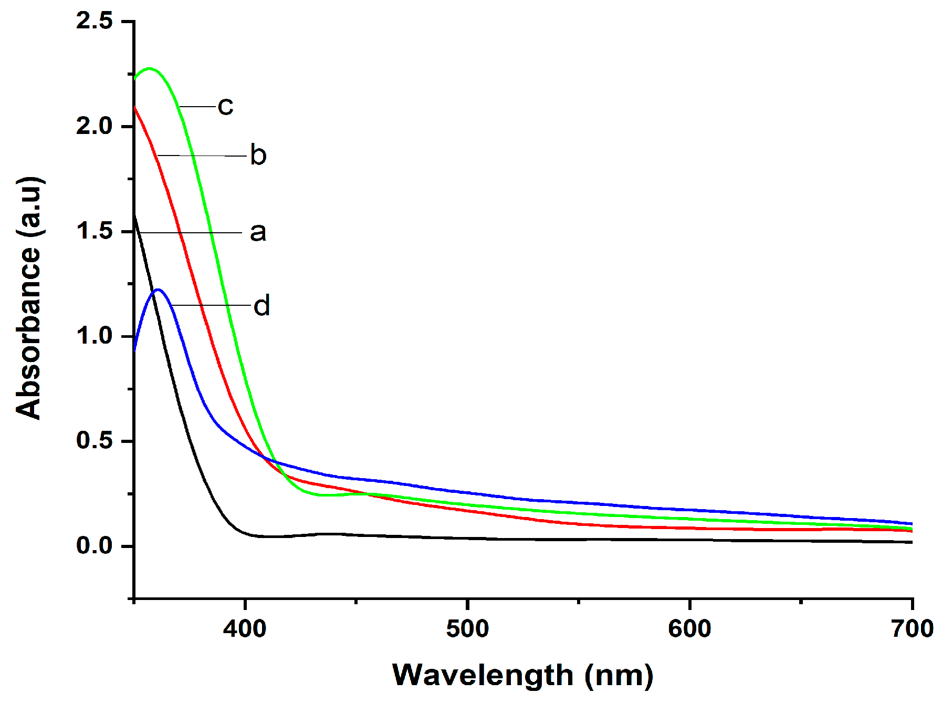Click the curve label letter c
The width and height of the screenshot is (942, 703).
225,107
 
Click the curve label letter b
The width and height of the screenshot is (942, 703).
258,156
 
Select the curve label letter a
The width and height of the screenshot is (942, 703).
258,232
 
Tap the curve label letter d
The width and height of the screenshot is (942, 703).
261,306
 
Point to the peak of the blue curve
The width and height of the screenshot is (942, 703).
158,290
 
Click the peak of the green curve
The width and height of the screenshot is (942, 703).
150,68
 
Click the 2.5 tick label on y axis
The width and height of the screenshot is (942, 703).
95,21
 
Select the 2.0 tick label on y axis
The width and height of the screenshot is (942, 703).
95,126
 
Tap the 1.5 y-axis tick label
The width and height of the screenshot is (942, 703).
95,231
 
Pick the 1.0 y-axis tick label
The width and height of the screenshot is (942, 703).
95,336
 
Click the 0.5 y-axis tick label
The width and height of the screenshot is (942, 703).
95,440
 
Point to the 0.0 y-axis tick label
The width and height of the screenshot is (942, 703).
95,545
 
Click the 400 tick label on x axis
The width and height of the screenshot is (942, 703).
245,629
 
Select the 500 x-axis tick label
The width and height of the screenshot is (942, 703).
467,629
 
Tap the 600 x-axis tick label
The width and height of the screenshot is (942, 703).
689,629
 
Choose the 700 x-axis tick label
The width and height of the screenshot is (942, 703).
912,629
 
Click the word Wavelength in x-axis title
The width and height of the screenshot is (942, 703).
483,675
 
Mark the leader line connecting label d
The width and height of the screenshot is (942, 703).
210,305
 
